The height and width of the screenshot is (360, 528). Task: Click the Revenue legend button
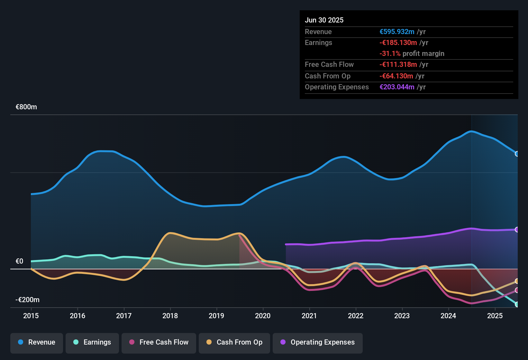37,343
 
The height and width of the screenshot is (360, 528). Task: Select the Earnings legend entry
92,343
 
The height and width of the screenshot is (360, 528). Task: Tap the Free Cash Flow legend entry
159,343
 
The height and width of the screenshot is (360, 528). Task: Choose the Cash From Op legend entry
234,343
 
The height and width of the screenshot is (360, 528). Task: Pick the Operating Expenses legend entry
318,343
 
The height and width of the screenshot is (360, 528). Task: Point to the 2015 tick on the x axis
31,316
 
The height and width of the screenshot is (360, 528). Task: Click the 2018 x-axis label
170,316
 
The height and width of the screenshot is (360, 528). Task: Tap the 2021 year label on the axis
309,316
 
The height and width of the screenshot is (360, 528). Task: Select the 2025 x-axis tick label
495,316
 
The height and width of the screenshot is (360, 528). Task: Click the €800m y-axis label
26,107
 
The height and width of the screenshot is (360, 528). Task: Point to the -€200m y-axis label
28,300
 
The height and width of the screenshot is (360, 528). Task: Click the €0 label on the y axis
20,261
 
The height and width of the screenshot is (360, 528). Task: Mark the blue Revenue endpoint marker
517,154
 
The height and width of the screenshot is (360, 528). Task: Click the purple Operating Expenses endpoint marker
517,230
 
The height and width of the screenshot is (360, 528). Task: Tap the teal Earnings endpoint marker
517,304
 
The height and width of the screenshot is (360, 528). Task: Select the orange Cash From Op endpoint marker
517,281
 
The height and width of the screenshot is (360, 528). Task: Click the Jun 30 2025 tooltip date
324,20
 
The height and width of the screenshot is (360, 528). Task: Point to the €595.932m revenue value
397,32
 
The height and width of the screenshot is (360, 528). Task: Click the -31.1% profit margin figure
390,54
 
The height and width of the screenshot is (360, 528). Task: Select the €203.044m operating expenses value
397,87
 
